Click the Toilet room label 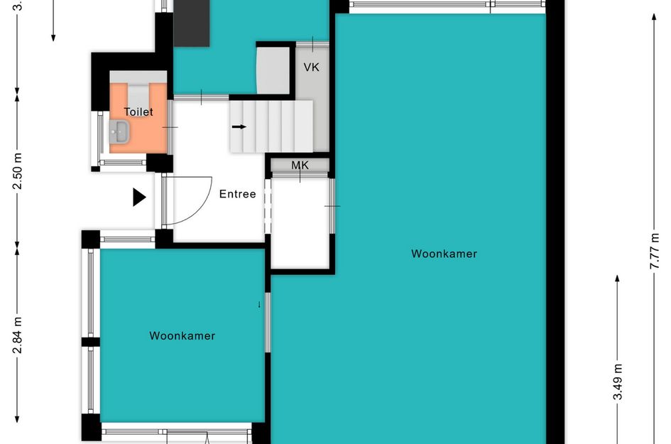point(138,112)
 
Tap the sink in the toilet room point(121,131)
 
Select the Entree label point(237,194)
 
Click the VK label point(311,67)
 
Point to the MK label point(300,166)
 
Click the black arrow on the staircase point(239,127)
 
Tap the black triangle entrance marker point(139,197)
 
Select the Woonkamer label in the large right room point(444,254)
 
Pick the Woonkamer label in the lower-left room point(182,336)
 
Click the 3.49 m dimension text point(618,382)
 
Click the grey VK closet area point(312,114)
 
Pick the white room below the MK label point(302,224)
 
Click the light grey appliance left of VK point(273,70)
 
